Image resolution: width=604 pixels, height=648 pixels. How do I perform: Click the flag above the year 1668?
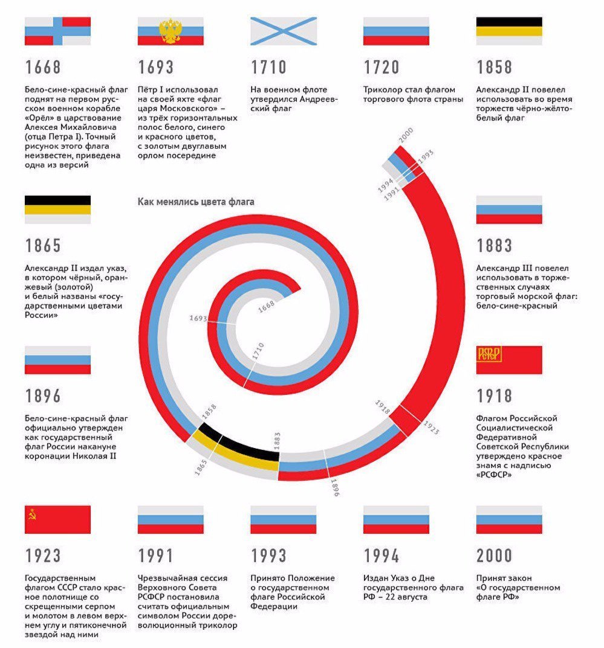tap(57, 31)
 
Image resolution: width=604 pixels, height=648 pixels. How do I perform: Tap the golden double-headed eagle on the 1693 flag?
tap(170, 31)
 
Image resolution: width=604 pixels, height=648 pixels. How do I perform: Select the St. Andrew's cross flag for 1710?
tap(284, 31)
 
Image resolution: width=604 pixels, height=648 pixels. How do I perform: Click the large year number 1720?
tap(382, 66)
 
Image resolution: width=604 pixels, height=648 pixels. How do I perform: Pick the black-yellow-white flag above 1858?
tap(509, 31)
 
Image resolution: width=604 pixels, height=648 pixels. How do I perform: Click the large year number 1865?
tap(43, 246)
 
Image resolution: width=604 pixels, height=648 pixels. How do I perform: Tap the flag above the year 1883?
tap(509, 210)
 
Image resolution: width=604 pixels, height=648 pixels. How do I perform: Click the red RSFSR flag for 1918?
tap(509, 360)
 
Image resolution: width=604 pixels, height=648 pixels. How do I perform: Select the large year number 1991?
tap(155, 556)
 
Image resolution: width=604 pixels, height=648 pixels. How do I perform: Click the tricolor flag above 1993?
tap(284, 519)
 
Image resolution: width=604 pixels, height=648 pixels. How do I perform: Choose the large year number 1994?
tap(382, 556)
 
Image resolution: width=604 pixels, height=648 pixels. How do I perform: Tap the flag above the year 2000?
tap(509, 519)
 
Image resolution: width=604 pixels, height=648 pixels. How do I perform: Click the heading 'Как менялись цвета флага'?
tap(196, 202)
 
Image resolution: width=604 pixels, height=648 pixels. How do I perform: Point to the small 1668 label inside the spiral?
tap(266, 307)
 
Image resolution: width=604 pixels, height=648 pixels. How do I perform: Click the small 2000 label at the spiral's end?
tap(405, 135)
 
